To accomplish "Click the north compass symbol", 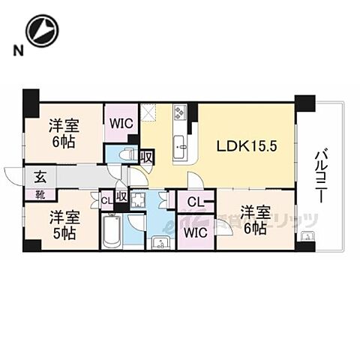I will point(40,31).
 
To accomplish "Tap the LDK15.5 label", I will point(247,146).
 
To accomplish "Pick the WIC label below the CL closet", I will point(193,232).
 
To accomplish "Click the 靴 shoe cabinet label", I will point(38,194).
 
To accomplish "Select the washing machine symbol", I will point(138,200).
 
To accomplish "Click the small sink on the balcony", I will point(307,238).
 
